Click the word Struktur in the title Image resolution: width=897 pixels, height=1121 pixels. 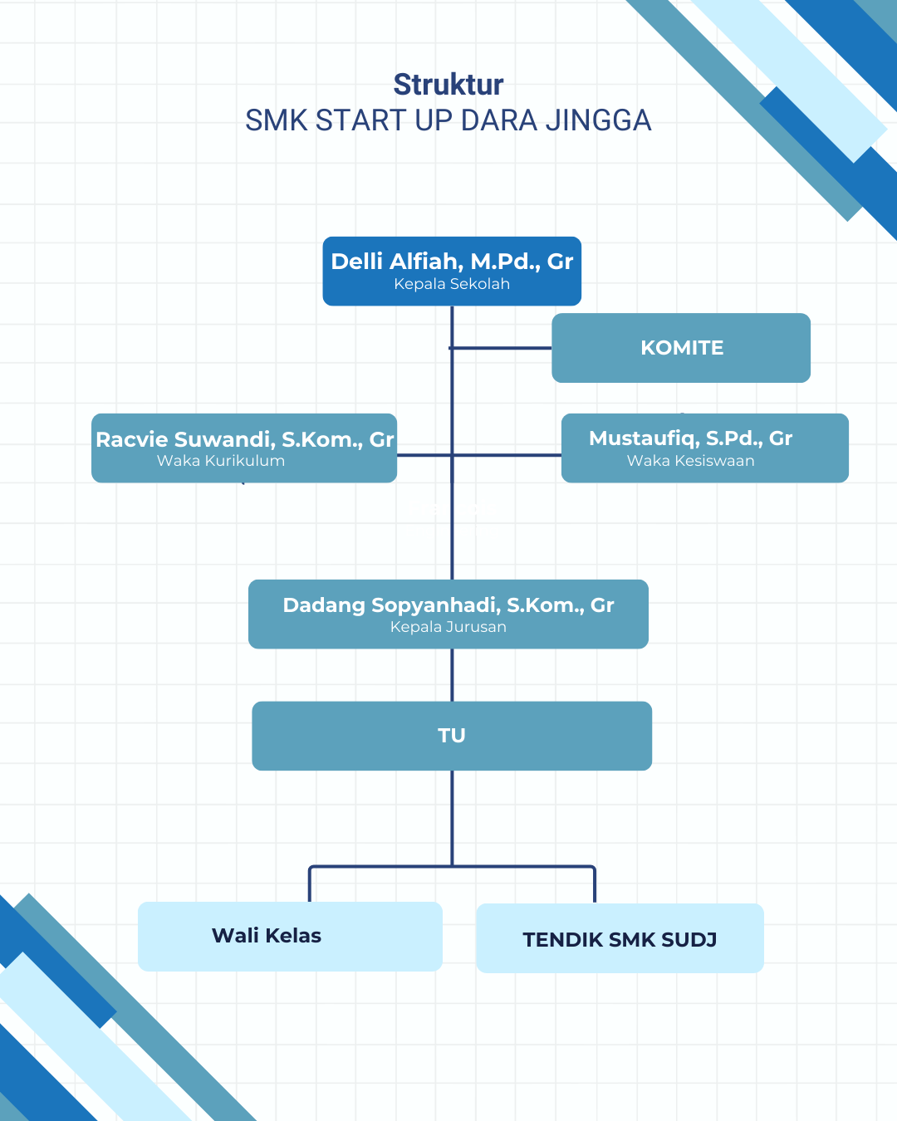(448, 85)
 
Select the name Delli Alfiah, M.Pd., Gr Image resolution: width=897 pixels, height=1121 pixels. (452, 262)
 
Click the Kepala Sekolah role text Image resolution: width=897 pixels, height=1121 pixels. (452, 284)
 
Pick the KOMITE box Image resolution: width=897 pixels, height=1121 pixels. (681, 348)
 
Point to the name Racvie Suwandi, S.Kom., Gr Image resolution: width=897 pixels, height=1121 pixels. (244, 439)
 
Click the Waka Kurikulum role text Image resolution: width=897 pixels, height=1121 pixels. (221, 461)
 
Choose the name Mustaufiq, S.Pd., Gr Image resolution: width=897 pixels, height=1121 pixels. (691, 438)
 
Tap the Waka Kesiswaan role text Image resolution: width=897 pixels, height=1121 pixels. (691, 461)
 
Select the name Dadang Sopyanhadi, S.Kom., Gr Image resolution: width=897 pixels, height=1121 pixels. (448, 605)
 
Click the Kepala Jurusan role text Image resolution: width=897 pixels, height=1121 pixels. (448, 627)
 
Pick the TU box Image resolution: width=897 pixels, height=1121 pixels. (452, 736)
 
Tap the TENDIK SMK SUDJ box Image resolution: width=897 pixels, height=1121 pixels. (620, 939)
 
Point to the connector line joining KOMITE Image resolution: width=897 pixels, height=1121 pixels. (502, 348)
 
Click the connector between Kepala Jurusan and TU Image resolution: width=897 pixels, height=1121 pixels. (452, 675)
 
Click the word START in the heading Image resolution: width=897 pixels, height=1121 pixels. (362, 121)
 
